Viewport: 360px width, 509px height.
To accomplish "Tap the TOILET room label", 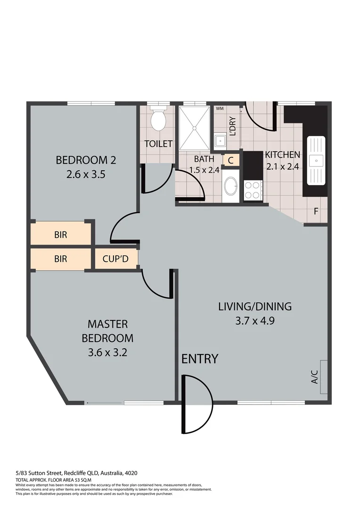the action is point(158,144).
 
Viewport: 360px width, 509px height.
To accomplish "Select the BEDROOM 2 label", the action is point(86,160).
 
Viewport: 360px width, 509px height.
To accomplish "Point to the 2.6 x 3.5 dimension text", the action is point(86,174).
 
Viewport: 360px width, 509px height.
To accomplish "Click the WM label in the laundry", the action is point(219,108).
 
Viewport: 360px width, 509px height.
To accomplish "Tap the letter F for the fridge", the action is point(316,212).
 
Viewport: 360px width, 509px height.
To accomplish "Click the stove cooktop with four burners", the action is point(253,191).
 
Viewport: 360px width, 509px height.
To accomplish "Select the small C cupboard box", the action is point(230,160).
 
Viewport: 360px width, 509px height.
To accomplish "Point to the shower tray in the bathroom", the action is point(194,127).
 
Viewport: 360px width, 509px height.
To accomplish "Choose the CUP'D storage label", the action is point(116,259).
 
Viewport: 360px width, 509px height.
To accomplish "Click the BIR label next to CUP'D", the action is point(60,259).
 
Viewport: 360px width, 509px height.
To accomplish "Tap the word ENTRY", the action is point(200,359).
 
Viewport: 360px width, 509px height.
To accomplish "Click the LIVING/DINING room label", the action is point(255,306).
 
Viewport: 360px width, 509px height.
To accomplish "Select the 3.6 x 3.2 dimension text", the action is point(107,352).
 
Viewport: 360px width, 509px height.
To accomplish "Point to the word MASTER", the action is point(107,324).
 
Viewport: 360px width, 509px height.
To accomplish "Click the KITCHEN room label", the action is point(282,155).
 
